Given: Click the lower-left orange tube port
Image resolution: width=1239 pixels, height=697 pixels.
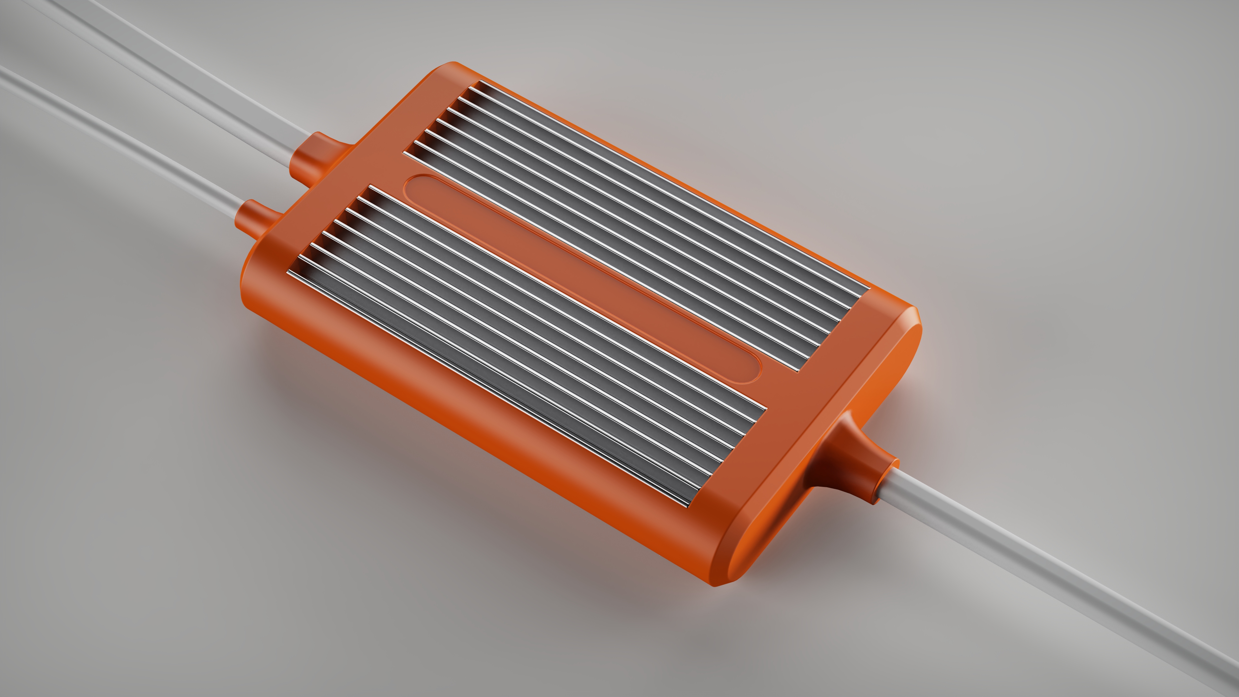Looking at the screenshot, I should click(x=257, y=219).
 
